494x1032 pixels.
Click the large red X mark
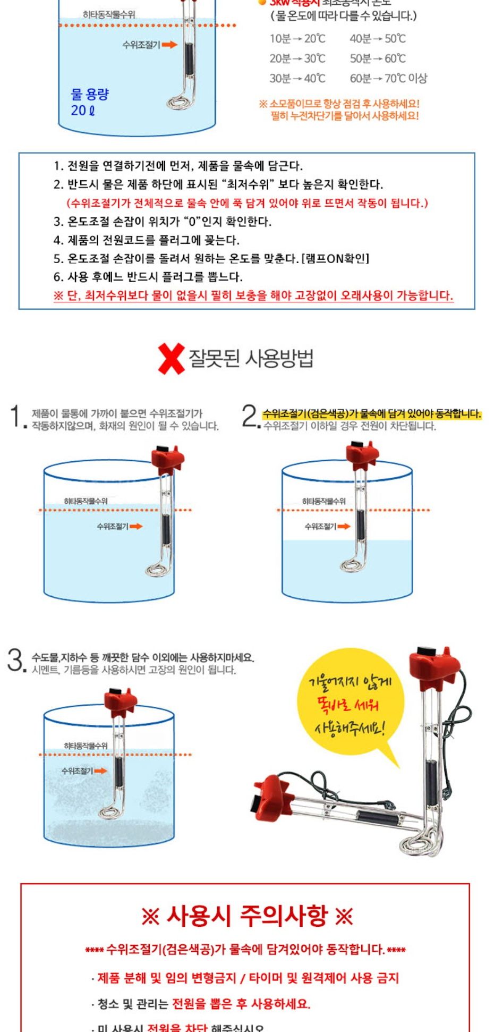tap(171, 358)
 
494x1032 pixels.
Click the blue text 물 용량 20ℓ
tap(89, 102)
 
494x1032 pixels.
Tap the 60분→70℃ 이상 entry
tap(388, 78)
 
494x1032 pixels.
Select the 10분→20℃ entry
tap(297, 38)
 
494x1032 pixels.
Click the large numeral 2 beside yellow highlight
tap(250, 416)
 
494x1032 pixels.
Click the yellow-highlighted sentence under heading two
tap(372, 413)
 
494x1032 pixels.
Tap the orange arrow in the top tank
tap(169, 45)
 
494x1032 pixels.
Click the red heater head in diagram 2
tap(362, 453)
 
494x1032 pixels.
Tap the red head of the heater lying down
tap(274, 796)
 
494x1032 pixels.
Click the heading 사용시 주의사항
tap(247, 916)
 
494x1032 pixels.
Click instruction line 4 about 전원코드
tap(146, 240)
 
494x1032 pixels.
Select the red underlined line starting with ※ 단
tap(253, 295)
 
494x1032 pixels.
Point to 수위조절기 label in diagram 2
tap(320, 526)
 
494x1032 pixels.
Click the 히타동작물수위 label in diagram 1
tap(86, 501)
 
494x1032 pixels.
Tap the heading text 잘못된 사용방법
tap(251, 358)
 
